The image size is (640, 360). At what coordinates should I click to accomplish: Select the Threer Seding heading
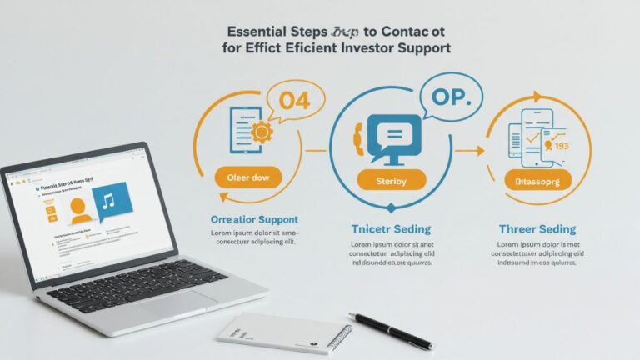point(537,228)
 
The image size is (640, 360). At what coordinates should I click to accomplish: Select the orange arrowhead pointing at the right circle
point(480,151)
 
